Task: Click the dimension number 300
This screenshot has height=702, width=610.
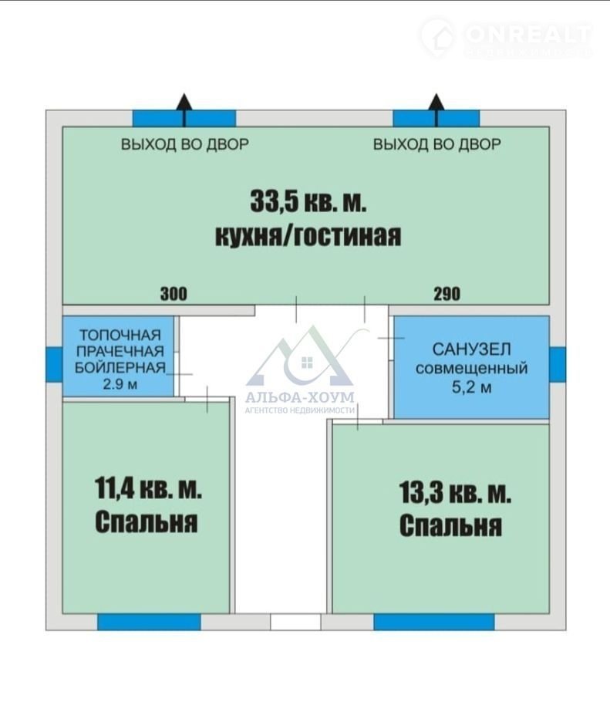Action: pos(174,294)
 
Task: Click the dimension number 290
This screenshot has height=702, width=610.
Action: pos(447,294)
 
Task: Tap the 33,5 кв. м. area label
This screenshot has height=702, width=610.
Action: pos(308,201)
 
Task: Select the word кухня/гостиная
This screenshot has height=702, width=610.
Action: pos(308,235)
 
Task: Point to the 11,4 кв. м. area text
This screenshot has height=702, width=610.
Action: pos(148,488)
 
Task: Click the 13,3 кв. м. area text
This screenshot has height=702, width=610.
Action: pos(455,492)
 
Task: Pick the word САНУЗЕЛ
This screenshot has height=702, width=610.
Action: pos(471,349)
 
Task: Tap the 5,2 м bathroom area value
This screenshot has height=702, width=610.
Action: pos(471,386)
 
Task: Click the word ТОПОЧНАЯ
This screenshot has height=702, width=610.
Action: pos(120,335)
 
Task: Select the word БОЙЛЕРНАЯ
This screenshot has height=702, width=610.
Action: pos(120,367)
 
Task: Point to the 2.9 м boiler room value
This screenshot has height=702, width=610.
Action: pos(120,383)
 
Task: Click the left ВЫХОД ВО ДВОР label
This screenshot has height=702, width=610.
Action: pos(185,144)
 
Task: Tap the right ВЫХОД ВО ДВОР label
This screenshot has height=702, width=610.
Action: pos(437,144)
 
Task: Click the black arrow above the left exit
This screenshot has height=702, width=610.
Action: pos(184,110)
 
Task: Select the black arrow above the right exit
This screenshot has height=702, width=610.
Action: pos(436,110)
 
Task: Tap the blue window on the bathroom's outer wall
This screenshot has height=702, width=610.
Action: pos(558,364)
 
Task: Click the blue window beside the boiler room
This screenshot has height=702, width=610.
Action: pos(54,364)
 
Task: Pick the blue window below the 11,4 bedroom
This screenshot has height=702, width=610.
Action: pos(149,622)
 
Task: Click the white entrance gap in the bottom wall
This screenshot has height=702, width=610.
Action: pos(295,622)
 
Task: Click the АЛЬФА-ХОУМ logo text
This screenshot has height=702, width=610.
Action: pos(300,397)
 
